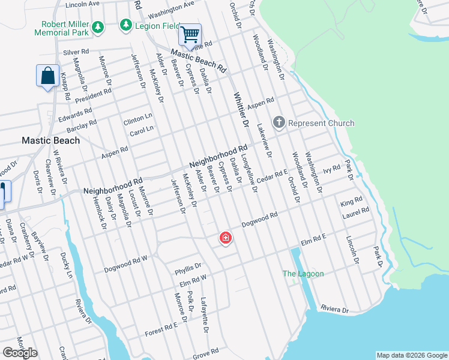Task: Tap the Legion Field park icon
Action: click(125, 25)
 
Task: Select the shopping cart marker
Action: click(190, 35)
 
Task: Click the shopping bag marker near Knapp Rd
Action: click(47, 76)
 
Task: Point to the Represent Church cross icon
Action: click(279, 123)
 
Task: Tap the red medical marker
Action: click(226, 239)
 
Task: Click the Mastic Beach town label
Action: click(50, 140)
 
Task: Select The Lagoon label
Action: click(303, 274)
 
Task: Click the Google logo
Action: click(20, 353)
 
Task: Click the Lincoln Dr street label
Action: click(352, 249)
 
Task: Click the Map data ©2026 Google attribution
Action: click(411, 355)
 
